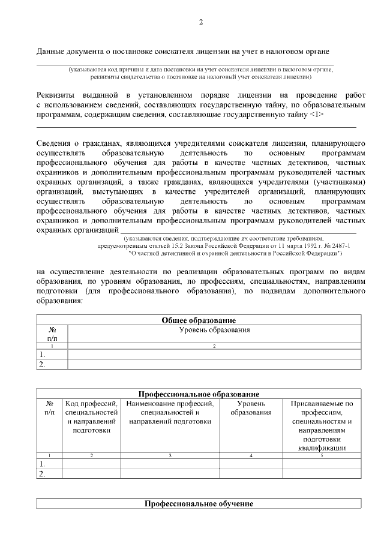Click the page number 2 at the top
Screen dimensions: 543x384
[201, 23]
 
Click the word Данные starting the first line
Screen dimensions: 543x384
[50, 52]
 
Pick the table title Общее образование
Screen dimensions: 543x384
[199, 320]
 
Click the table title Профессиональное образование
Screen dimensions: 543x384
[199, 394]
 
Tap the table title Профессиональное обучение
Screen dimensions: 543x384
[199, 503]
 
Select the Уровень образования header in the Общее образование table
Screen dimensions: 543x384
[214, 330]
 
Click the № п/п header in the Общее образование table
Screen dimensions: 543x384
[52, 334]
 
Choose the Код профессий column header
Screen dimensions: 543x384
[91, 417]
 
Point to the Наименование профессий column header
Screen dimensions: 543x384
[170, 412]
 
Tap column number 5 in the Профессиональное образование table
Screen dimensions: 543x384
[322, 456]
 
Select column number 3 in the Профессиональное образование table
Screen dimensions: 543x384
[170, 456]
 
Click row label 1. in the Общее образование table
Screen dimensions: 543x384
[43, 355]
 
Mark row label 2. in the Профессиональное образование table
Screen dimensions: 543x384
[43, 474]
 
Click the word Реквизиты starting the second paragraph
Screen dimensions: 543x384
[57, 95]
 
